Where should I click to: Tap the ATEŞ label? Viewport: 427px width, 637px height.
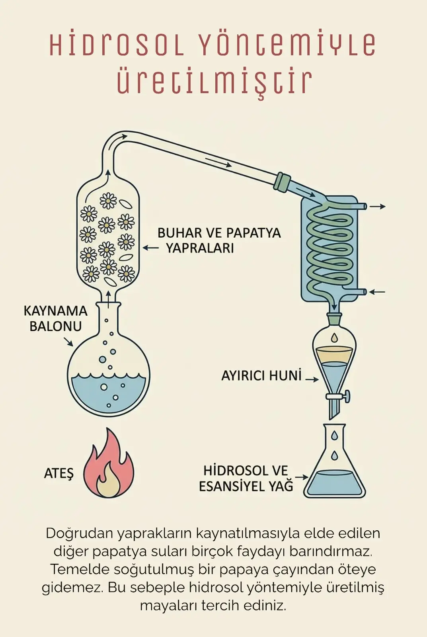(59, 473)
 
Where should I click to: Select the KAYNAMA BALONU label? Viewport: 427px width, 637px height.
(55, 318)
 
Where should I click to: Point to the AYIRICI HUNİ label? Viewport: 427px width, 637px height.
(261, 376)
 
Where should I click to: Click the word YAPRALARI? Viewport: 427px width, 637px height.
(200, 248)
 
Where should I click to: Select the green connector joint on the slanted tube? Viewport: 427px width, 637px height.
(283, 181)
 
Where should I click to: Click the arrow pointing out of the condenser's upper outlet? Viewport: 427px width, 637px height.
(378, 207)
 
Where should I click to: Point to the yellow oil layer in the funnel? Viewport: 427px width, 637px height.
(334, 355)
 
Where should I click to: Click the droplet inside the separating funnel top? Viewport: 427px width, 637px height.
(335, 338)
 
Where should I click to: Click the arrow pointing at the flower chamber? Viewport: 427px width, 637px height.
(150, 248)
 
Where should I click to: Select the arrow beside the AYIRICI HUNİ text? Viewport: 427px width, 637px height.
(312, 379)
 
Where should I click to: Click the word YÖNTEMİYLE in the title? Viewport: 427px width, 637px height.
(288, 45)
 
